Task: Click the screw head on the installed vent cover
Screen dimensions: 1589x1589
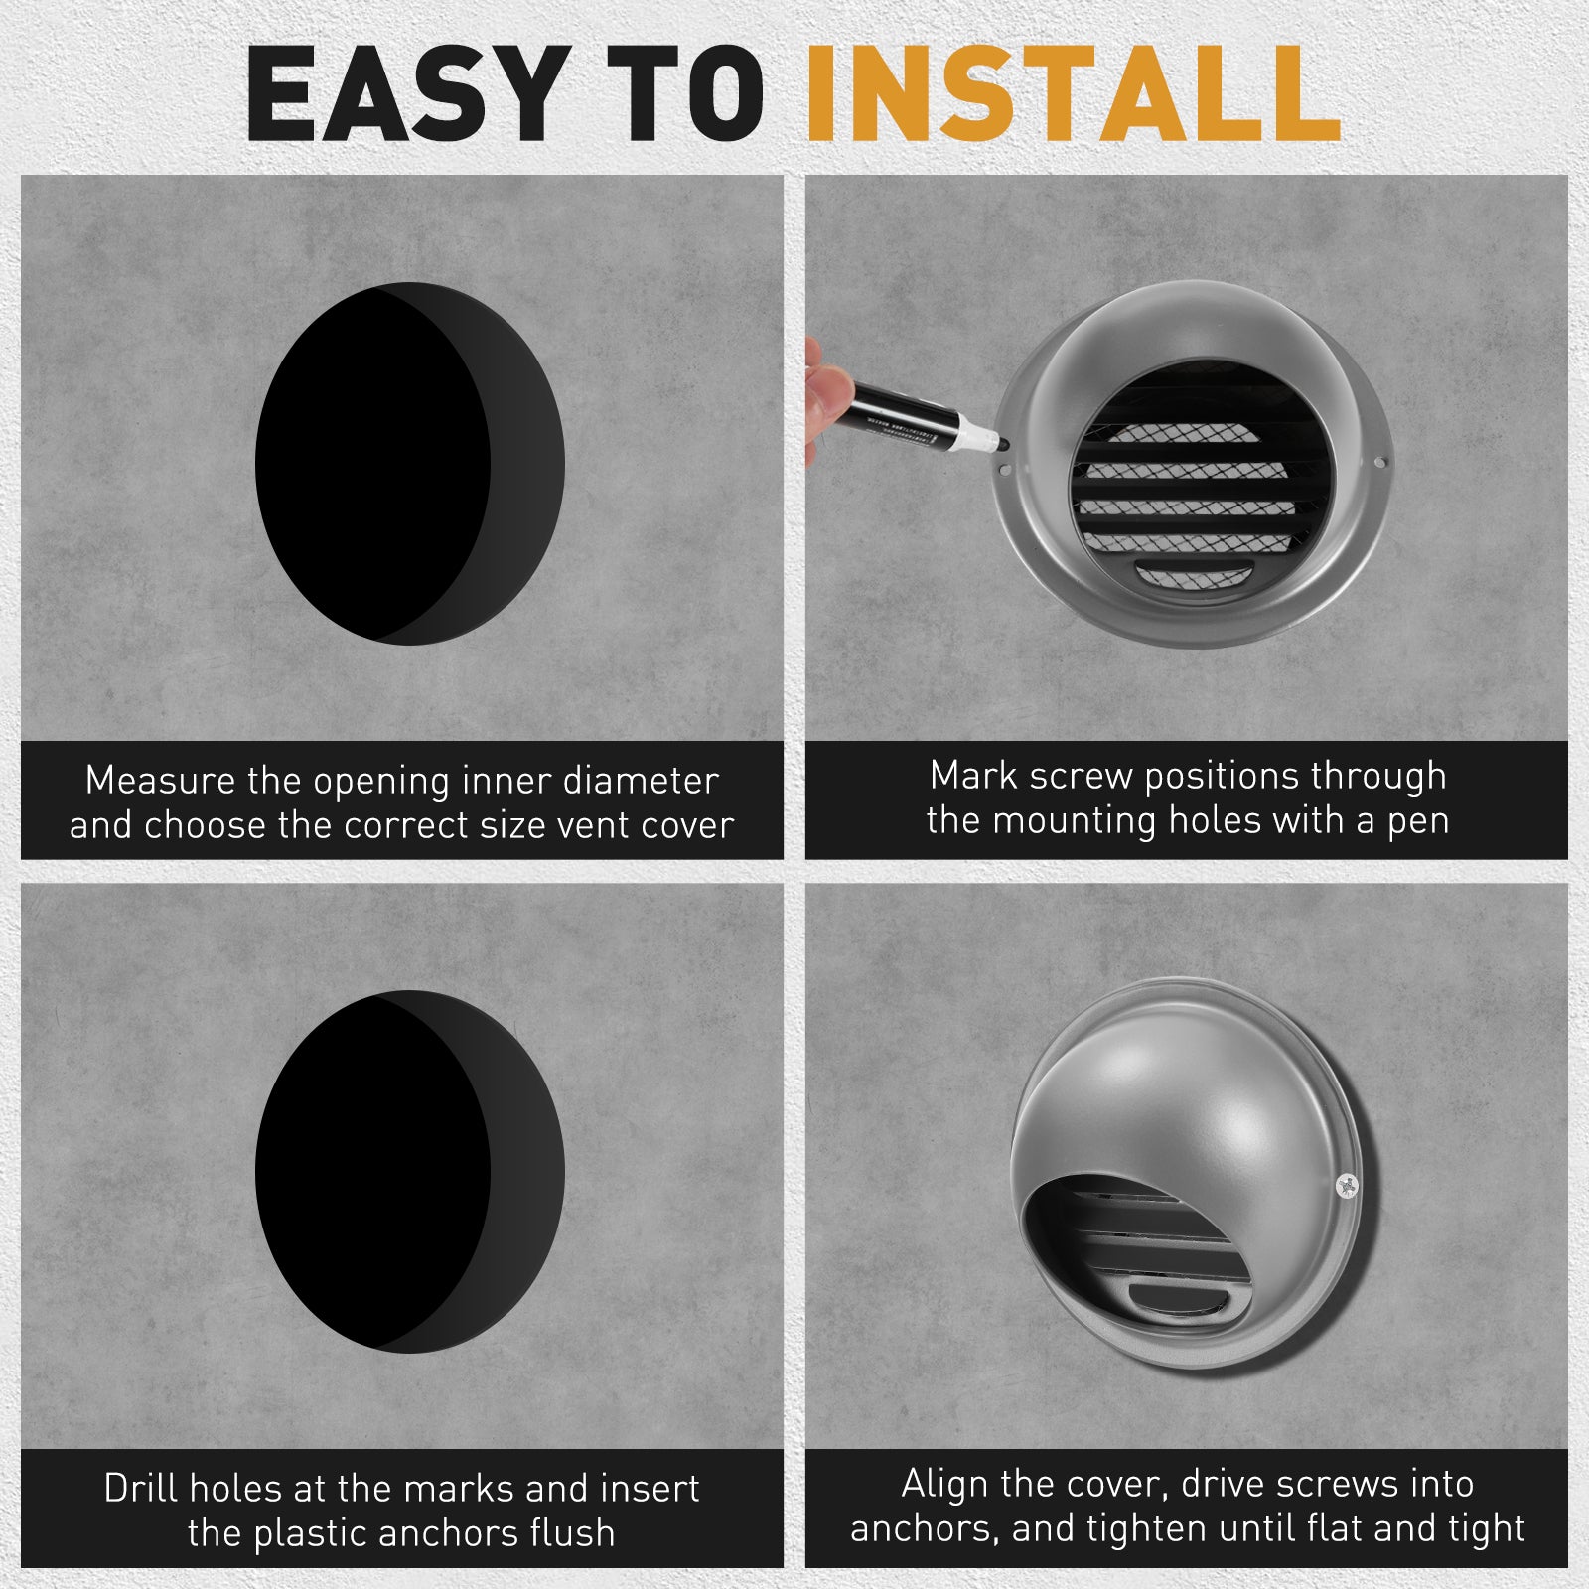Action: (1346, 1184)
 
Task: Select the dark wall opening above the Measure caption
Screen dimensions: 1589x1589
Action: (410, 463)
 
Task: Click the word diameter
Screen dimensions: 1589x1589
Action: (641, 781)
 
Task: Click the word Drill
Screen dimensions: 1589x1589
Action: (141, 1488)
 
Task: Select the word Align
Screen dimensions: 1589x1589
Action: (944, 1484)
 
